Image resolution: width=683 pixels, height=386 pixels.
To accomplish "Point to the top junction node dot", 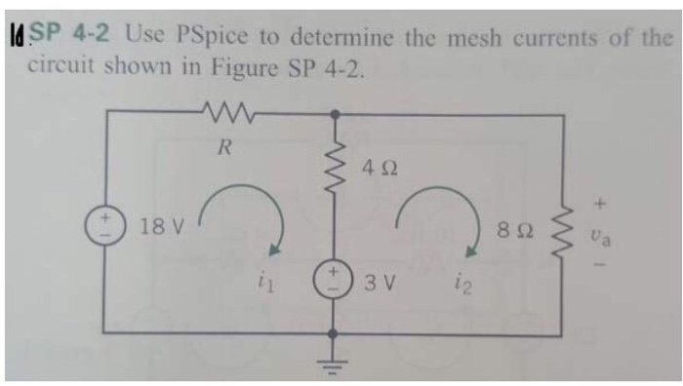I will click(338, 115).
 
